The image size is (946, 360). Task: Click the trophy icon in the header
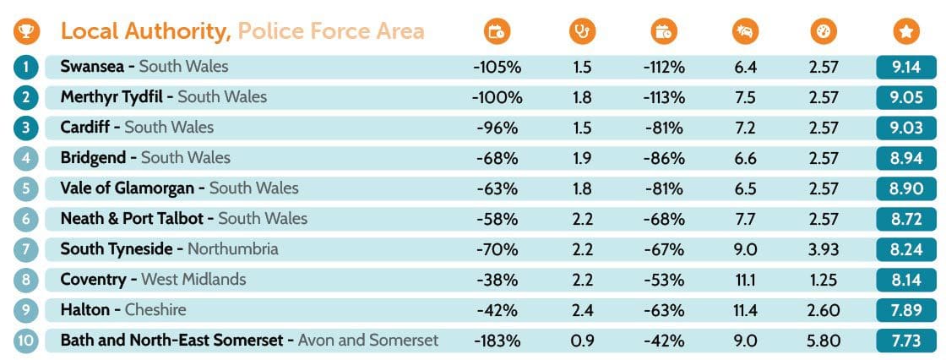pyautogui.click(x=26, y=32)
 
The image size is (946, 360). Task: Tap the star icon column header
pyautogui.click(x=905, y=32)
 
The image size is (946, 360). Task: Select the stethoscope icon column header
pyautogui.click(x=582, y=32)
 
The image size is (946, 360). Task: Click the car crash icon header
pyautogui.click(x=745, y=32)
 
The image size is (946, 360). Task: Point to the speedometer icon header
pyautogui.click(x=822, y=32)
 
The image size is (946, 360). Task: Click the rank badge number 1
pyautogui.click(x=26, y=67)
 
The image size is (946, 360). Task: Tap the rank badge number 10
pyautogui.click(x=26, y=341)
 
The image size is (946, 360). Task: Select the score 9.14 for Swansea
pyautogui.click(x=905, y=67)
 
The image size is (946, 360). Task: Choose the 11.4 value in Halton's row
pyautogui.click(x=745, y=310)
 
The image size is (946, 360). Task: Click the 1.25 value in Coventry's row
pyautogui.click(x=824, y=280)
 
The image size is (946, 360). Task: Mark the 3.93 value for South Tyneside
pyautogui.click(x=824, y=249)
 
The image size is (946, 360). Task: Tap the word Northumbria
pyautogui.click(x=232, y=249)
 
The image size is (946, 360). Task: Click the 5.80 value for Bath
pyautogui.click(x=824, y=341)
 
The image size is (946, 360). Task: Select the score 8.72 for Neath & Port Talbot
pyautogui.click(x=905, y=219)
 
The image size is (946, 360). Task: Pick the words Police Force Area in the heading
pyautogui.click(x=331, y=32)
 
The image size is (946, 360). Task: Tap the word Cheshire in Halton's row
pyautogui.click(x=155, y=310)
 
